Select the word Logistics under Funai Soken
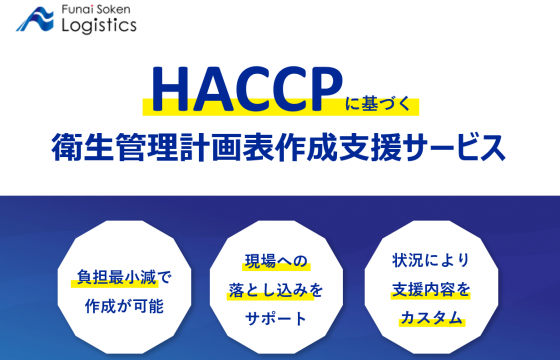pyautogui.click(x=98, y=26)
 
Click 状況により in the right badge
pyautogui.click(x=432, y=263)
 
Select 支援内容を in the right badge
pyautogui.click(x=432, y=291)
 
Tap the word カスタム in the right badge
pyautogui.click(x=432, y=319)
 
